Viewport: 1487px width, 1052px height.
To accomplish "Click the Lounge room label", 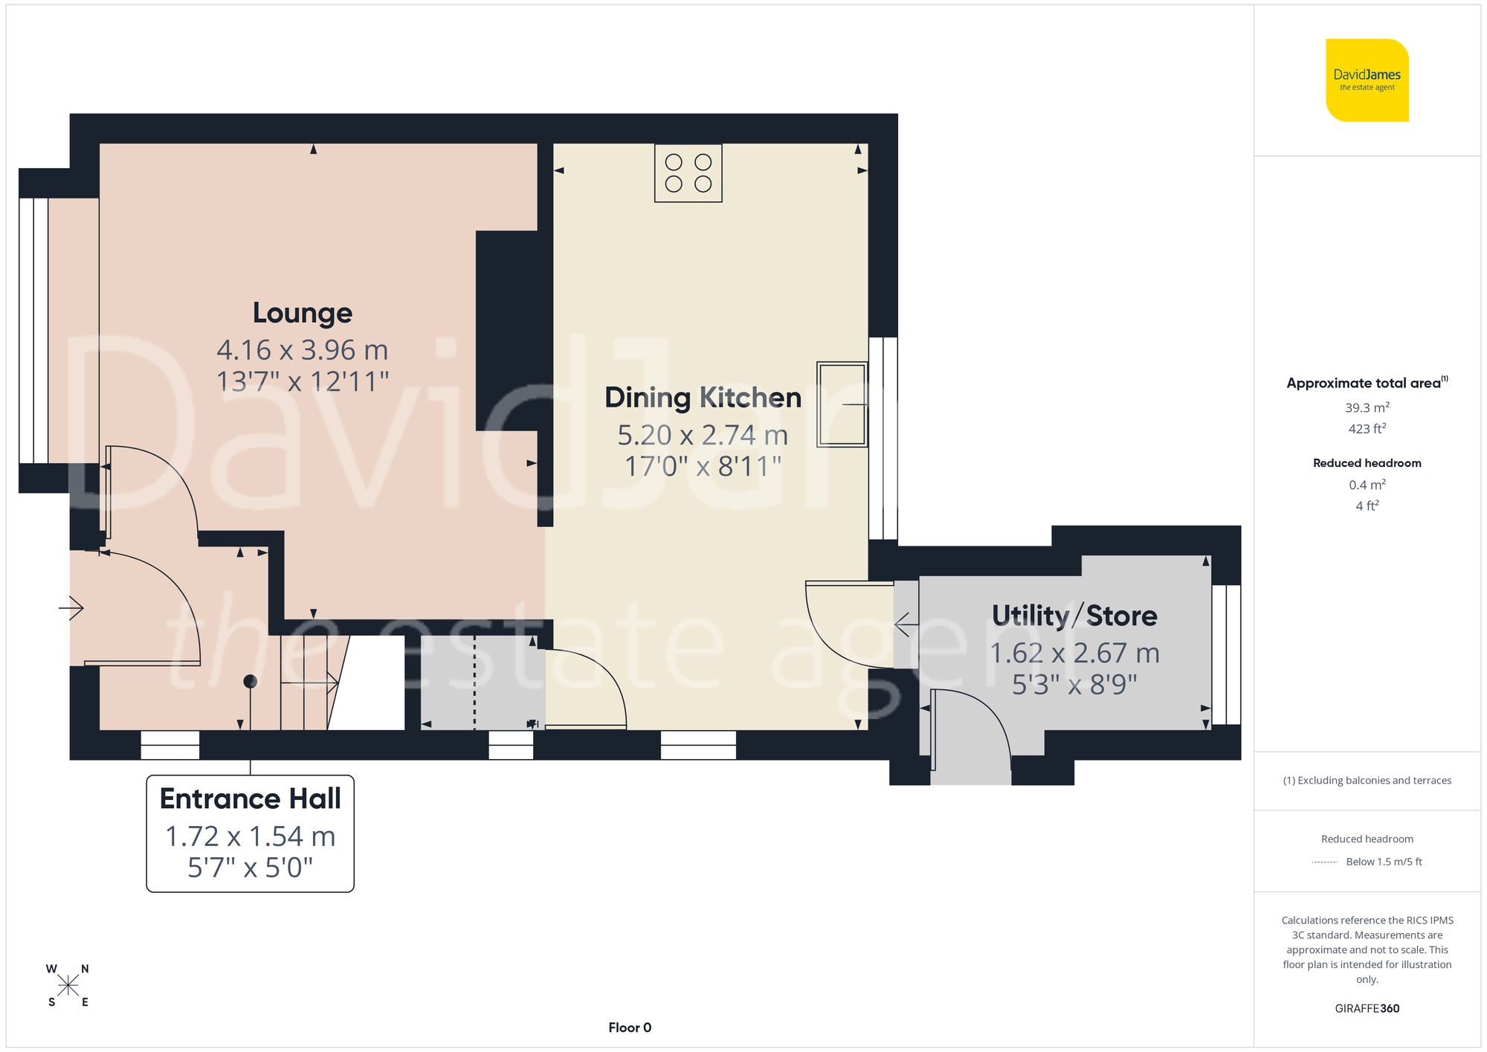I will pyautogui.click(x=302, y=313).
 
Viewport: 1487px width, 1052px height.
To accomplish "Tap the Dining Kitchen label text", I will pyautogui.click(x=703, y=398).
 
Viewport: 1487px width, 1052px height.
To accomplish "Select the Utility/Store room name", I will pyautogui.click(x=1074, y=616).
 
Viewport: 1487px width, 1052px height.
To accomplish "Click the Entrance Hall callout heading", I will pyautogui.click(x=250, y=798).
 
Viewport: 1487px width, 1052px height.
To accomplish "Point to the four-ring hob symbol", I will pyautogui.click(x=688, y=173).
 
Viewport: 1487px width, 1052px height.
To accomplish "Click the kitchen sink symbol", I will pyautogui.click(x=842, y=404).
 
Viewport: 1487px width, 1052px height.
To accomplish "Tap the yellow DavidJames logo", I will pyautogui.click(x=1367, y=80).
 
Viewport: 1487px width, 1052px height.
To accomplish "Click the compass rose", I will pyautogui.click(x=68, y=986).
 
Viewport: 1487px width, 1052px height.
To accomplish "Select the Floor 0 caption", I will pyautogui.click(x=629, y=1027).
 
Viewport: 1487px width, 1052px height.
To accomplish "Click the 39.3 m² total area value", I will pyautogui.click(x=1367, y=407).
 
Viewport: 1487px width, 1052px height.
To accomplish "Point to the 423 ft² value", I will pyautogui.click(x=1367, y=429).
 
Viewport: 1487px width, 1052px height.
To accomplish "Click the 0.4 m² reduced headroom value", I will pyautogui.click(x=1367, y=485).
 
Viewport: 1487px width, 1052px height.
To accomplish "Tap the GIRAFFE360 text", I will pyautogui.click(x=1367, y=1008).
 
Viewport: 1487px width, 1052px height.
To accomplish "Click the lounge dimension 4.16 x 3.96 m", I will pyautogui.click(x=302, y=349).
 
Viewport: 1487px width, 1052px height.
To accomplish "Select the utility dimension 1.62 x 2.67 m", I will pyautogui.click(x=1074, y=653).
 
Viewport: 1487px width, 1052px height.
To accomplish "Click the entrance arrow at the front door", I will pyautogui.click(x=72, y=608).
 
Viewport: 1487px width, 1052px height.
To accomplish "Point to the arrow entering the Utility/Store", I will pyautogui.click(x=903, y=624).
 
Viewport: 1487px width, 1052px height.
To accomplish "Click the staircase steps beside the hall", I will pyautogui.click(x=305, y=682).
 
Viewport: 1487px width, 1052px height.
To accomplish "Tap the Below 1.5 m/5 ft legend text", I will pyautogui.click(x=1383, y=862).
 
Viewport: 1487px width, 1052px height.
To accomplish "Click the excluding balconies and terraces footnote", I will pyautogui.click(x=1367, y=780).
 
